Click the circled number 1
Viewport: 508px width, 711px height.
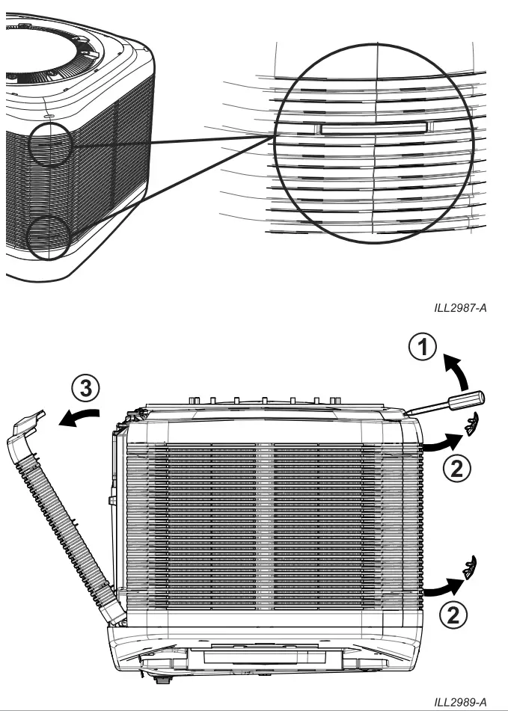tap(424, 348)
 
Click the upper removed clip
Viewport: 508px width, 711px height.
tap(472, 426)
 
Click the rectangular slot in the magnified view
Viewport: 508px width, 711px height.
tap(374, 128)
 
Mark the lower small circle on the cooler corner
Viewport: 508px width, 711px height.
tap(47, 236)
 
